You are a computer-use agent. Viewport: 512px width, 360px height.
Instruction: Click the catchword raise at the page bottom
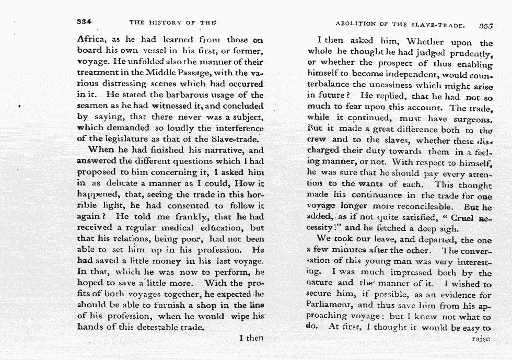tap(481, 339)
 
